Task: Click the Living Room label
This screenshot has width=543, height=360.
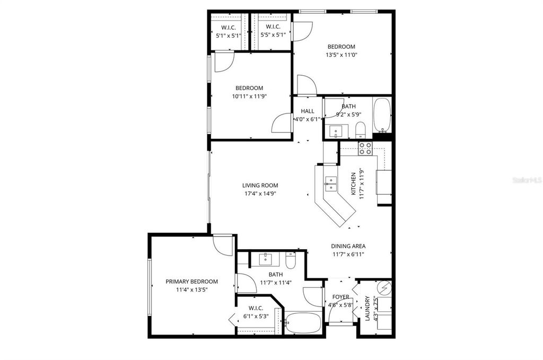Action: [260, 186]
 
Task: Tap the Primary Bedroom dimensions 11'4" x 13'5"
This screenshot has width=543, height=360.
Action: [191, 290]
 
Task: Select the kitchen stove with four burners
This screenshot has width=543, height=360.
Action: [365, 148]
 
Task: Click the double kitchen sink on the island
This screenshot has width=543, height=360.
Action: [330, 183]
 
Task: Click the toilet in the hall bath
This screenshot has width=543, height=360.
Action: [360, 129]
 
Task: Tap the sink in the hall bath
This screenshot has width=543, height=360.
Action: [336, 130]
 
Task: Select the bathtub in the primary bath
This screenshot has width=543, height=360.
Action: [302, 323]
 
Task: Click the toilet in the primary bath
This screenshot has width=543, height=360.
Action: [291, 260]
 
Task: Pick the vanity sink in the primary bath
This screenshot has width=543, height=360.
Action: [265, 259]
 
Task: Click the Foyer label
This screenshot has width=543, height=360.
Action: [340, 297]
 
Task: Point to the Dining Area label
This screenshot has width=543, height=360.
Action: [348, 246]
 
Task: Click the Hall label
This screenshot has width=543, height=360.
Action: [308, 111]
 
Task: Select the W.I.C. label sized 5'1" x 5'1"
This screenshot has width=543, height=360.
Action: [228, 27]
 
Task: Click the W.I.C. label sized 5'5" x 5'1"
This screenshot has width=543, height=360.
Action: [273, 27]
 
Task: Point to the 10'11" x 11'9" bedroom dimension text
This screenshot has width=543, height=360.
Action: [249, 96]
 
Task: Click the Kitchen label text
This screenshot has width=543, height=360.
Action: [353, 183]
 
